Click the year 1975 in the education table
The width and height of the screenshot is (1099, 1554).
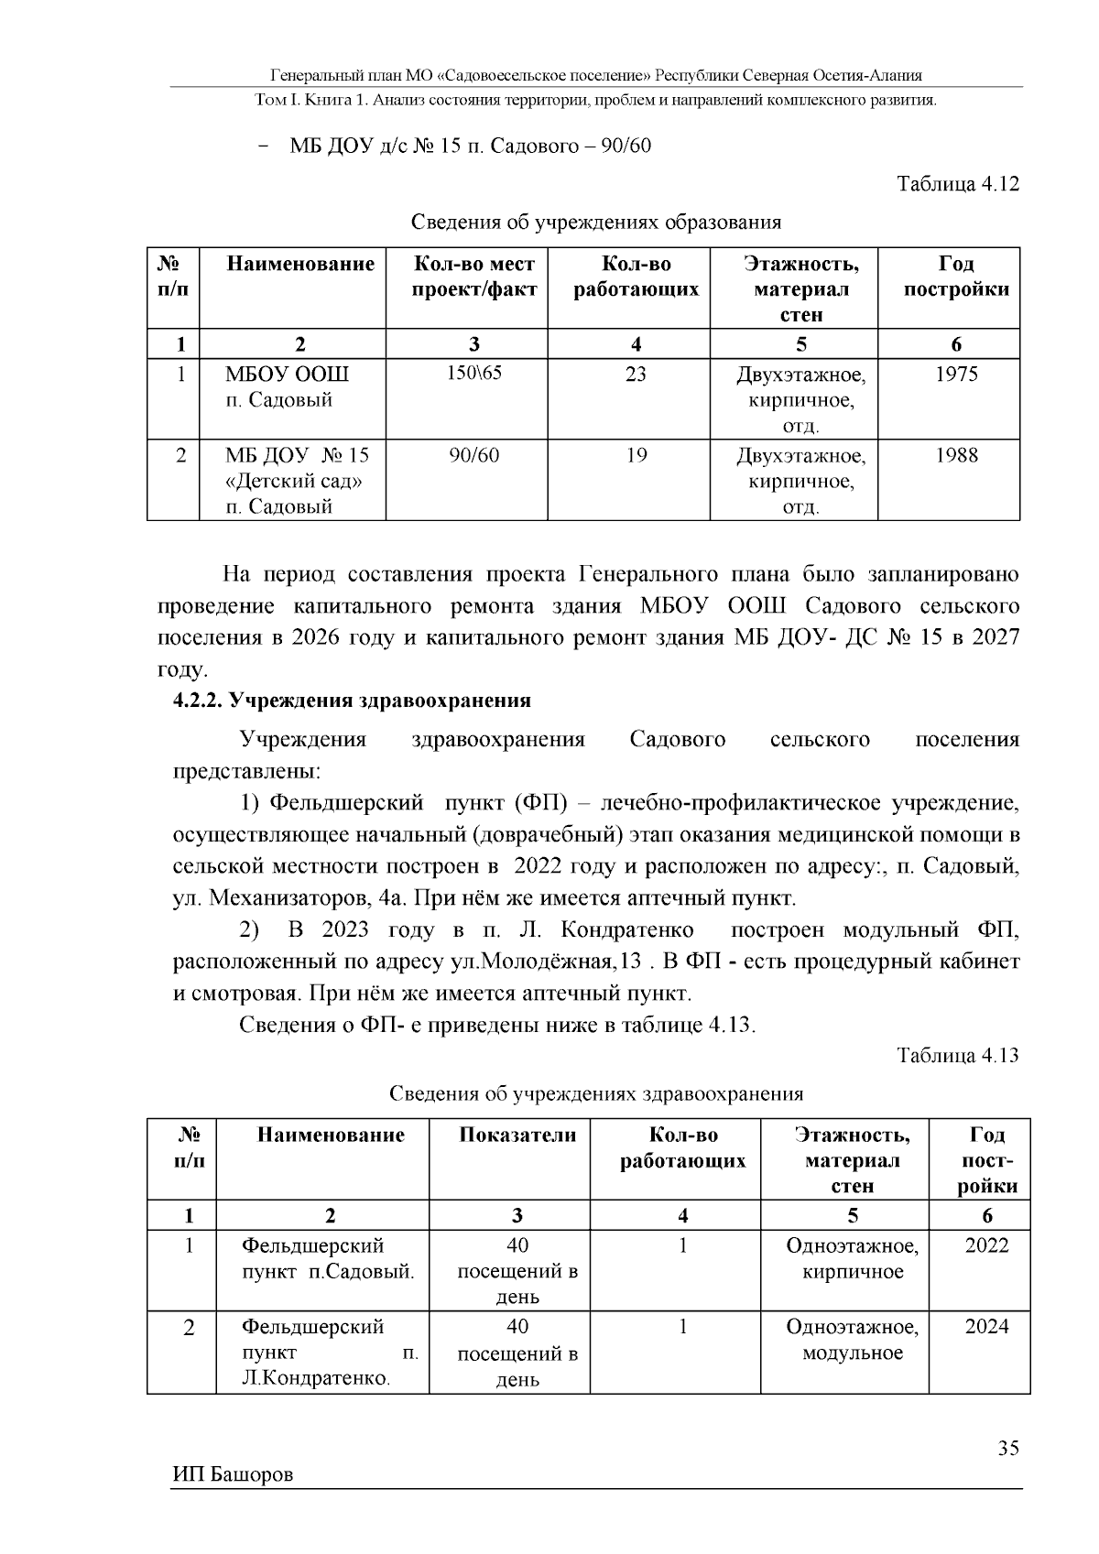pos(956,375)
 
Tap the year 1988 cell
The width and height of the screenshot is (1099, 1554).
pos(956,455)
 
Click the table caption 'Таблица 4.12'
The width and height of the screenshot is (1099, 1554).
pos(958,184)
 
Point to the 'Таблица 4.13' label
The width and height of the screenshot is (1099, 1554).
pos(958,1055)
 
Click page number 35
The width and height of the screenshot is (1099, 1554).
pos(1008,1449)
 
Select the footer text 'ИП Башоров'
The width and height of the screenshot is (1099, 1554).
pos(233,1475)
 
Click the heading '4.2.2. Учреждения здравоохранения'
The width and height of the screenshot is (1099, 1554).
pos(353,701)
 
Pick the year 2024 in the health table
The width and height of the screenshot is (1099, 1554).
pos(986,1327)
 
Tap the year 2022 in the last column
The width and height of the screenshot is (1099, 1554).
pos(986,1245)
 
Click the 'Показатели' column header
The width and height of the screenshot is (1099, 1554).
pos(517,1136)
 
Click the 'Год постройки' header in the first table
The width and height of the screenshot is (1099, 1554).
pos(956,277)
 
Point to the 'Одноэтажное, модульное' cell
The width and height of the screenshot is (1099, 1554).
pos(852,1341)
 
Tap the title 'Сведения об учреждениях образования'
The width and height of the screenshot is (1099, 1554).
pos(595,222)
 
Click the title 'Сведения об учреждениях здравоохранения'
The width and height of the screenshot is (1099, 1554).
pos(596,1093)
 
